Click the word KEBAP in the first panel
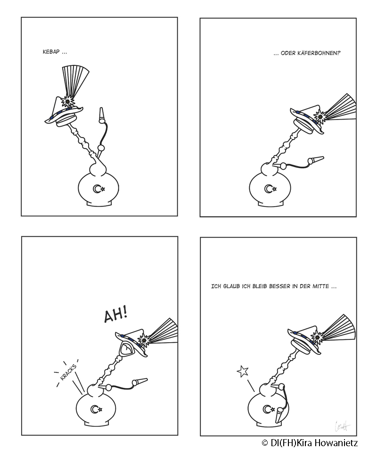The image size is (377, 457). click(51, 52)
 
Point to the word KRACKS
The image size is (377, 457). click(68, 372)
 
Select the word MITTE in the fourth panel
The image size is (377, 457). click(320, 286)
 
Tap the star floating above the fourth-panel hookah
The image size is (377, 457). click(243, 371)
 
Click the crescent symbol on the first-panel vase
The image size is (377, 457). click(96, 189)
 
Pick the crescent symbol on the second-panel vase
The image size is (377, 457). click(268, 189)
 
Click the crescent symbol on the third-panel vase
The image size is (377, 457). click(94, 409)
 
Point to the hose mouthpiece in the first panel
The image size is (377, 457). click(101, 115)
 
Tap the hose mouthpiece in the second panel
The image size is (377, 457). click(315, 160)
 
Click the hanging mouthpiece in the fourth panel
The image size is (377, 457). click(279, 415)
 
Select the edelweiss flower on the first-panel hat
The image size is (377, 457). click(68, 101)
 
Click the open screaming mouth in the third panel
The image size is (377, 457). click(126, 348)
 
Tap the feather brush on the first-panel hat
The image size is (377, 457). click(75, 79)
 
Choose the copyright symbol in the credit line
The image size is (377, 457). click(265, 443)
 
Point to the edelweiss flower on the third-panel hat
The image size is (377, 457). click(144, 340)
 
